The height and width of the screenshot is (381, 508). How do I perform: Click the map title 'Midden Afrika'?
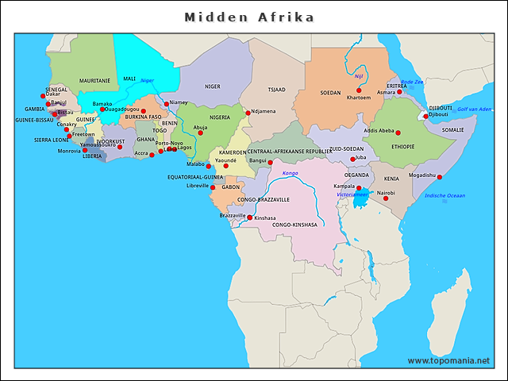[249, 17]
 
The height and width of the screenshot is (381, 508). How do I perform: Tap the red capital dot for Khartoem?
[359, 90]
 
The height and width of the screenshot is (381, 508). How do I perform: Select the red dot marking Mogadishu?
[440, 177]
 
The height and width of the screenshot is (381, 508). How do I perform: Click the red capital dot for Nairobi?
[386, 198]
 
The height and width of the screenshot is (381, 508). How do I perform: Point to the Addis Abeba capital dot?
[398, 133]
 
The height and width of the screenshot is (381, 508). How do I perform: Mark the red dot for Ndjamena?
[248, 113]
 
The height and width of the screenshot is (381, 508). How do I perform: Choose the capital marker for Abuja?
[201, 133]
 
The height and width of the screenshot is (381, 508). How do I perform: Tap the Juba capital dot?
[353, 159]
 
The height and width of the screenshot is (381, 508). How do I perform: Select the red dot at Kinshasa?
[250, 217]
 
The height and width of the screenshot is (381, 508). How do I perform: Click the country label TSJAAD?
[276, 89]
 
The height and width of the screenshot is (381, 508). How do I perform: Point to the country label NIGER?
[213, 87]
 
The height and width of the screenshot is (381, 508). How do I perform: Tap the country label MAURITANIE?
[95, 81]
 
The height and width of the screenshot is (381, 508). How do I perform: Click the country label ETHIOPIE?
[403, 147]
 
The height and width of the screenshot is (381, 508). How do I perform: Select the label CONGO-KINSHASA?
[294, 225]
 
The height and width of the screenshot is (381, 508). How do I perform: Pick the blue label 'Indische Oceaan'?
[445, 195]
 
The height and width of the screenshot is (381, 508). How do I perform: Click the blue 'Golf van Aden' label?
[474, 109]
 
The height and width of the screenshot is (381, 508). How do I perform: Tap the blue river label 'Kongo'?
[290, 172]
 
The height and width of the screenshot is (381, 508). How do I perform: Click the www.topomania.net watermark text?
[448, 360]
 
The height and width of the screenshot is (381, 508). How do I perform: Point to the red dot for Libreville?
[213, 187]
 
